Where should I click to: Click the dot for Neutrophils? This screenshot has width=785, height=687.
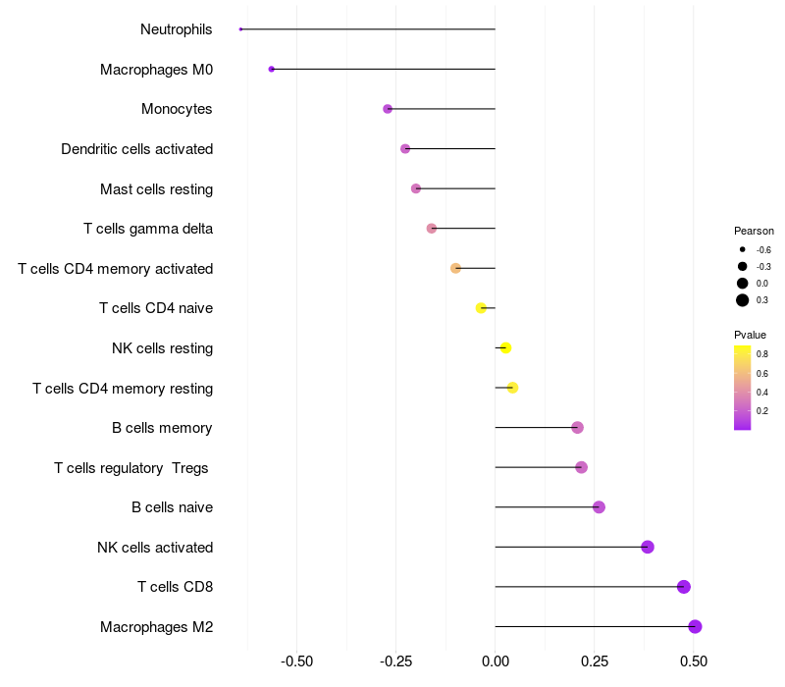click(x=240, y=29)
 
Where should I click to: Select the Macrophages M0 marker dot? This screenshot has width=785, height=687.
click(x=272, y=70)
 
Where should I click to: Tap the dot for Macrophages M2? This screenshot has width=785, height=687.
click(x=695, y=627)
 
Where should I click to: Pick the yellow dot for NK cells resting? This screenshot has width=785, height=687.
click(x=505, y=348)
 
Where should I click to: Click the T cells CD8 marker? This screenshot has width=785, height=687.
click(x=684, y=587)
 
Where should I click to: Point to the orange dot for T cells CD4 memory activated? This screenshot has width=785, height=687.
click(x=455, y=268)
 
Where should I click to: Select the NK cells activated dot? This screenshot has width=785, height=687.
click(x=648, y=547)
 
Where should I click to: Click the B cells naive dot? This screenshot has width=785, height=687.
click(x=599, y=507)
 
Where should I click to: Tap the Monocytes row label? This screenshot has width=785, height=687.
click(x=177, y=109)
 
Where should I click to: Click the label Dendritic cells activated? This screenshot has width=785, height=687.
click(x=136, y=149)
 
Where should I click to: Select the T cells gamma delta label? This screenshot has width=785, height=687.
click(x=148, y=229)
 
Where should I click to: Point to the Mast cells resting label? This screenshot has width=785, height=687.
click(x=156, y=188)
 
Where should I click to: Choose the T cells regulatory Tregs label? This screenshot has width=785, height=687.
click(x=131, y=468)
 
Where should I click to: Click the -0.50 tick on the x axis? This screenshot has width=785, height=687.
click(x=297, y=661)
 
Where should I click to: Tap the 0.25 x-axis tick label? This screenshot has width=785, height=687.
click(x=595, y=661)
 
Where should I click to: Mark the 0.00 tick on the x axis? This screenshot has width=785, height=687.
click(x=496, y=661)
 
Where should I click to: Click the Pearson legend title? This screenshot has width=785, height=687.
click(x=754, y=231)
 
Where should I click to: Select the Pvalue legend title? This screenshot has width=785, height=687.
click(x=750, y=335)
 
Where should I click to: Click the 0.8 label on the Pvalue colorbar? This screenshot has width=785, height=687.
click(x=762, y=353)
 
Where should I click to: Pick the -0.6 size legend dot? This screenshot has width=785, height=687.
click(x=743, y=250)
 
